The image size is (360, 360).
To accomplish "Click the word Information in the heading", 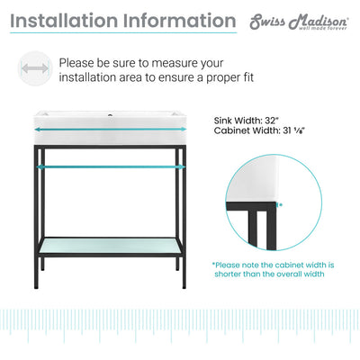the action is (x=179, y=21).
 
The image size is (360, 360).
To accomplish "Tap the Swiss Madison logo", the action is (x=299, y=22).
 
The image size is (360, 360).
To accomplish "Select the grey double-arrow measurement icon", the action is (x=35, y=68).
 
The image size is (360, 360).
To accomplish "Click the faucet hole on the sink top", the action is (x=110, y=114).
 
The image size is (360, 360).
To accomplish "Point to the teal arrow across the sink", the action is (x=110, y=130).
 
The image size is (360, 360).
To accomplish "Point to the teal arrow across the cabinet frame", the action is (x=110, y=166).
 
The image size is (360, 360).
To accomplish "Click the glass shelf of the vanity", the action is (x=110, y=246).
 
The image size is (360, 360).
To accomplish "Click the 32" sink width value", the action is (x=272, y=121).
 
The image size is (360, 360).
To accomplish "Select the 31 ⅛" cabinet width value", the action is (x=294, y=130).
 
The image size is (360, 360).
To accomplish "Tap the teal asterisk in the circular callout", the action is (x=280, y=205).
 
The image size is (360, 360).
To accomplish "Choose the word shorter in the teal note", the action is (x=228, y=274).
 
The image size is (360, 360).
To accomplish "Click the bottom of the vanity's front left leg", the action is (x=36, y=287).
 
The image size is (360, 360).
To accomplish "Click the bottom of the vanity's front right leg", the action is (x=184, y=287).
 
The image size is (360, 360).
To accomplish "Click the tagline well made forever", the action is (x=322, y=28).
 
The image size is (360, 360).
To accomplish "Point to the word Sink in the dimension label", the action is (x=223, y=121).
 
